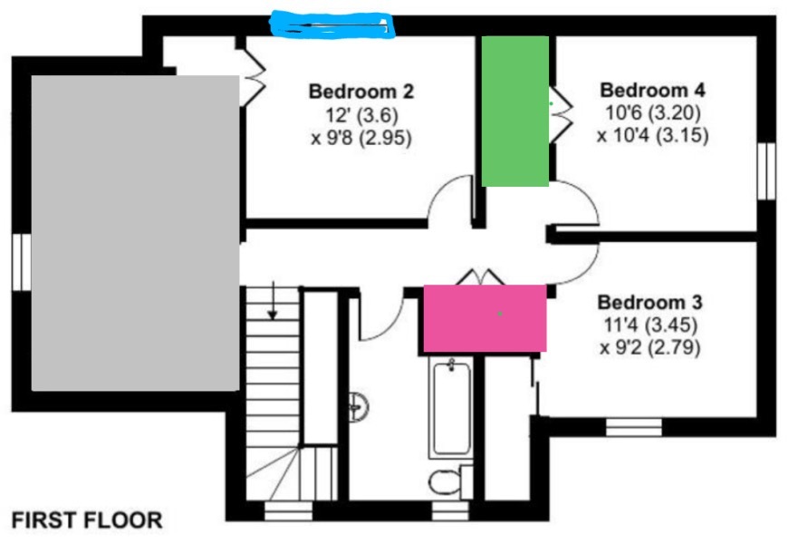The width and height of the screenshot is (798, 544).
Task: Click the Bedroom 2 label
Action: pos(361,92)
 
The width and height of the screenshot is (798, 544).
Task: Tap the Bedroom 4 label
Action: pos(652,91)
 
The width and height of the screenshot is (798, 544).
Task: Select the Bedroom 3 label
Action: pos(649,302)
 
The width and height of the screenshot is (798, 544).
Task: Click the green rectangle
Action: pos(514,111)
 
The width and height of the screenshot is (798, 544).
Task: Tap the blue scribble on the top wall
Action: pos(334,25)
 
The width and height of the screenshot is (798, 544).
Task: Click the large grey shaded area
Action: pos(135,232)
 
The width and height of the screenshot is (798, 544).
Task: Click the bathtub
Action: pos(451,407)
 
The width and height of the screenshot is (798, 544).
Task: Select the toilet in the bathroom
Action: pos(445,482)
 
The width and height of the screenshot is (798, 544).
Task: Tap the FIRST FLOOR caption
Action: pos(87,520)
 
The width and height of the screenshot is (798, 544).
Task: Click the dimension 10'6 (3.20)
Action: pos(652,114)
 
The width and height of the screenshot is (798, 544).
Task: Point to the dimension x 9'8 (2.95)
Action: pos(361,138)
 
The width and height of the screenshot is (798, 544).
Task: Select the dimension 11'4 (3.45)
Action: pos(649,325)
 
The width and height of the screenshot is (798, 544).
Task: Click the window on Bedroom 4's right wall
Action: pos(766,170)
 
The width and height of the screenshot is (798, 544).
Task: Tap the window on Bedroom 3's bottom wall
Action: pos(633,427)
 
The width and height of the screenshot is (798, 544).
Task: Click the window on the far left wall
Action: pos(21,262)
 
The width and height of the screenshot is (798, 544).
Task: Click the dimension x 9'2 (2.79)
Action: pos(649,347)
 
